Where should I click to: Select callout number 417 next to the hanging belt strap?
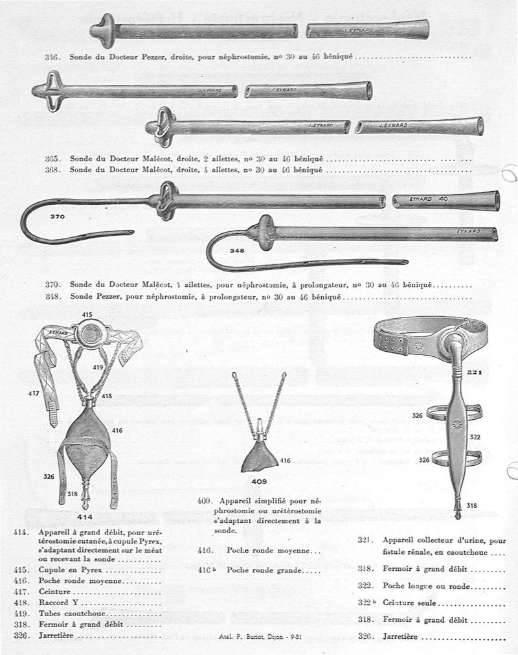coord(33,393)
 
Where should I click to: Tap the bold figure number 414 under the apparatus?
coord(84,516)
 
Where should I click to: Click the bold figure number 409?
coord(260,482)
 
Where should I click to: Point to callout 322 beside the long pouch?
coord(475,437)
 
